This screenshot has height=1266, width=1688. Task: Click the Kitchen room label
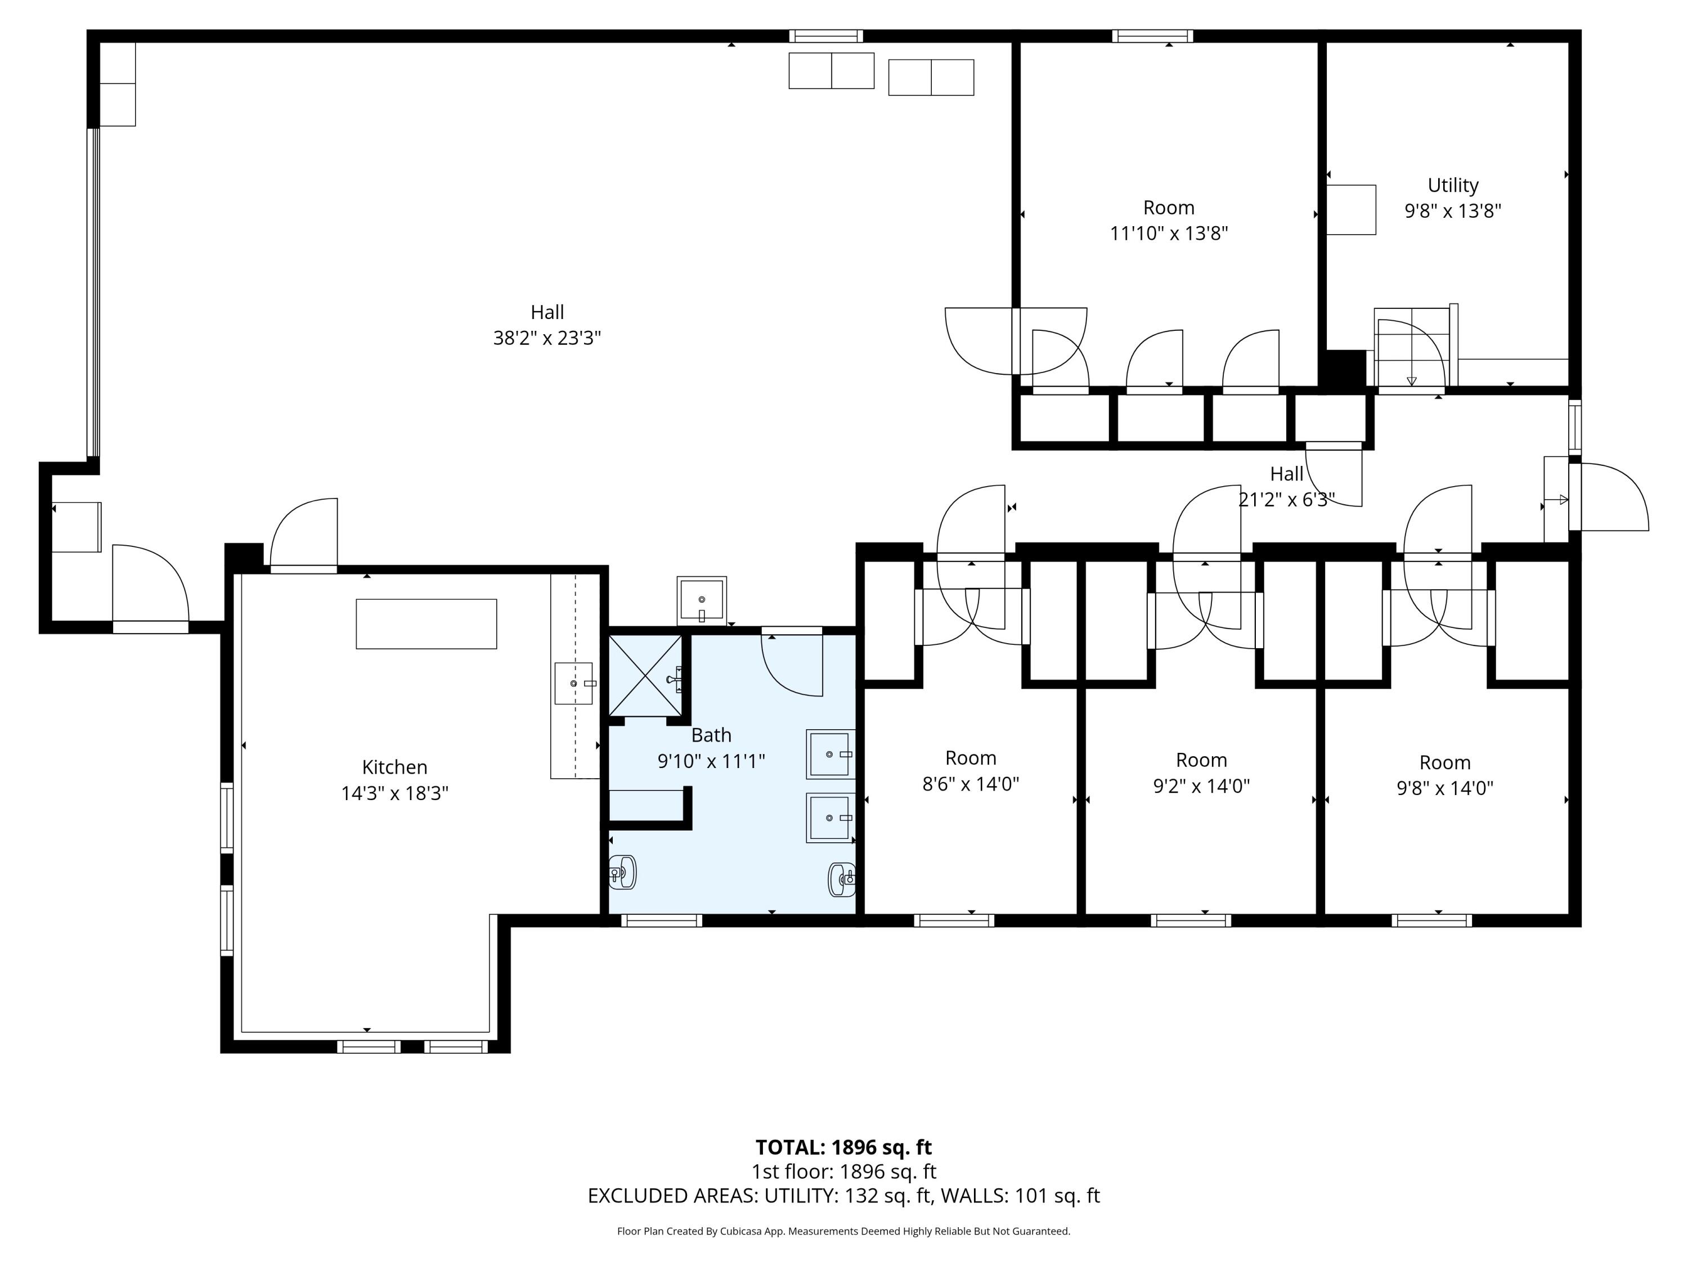394,767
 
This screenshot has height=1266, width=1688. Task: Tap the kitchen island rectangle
426,623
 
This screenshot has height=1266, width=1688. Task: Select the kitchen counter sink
574,684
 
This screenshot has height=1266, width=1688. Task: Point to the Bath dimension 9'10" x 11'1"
711,761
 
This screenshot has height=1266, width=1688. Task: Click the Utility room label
1452,186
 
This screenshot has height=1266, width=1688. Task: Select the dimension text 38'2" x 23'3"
546,338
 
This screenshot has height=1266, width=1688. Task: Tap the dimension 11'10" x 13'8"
1168,234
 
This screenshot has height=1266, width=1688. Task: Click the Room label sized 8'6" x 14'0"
971,758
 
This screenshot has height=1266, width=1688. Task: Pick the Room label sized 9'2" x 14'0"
1201,760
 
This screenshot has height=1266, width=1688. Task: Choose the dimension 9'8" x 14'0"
1444,788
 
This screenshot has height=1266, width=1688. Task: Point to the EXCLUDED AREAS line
843,1196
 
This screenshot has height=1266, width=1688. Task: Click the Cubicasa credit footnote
843,1231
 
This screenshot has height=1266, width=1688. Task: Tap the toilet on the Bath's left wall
623,872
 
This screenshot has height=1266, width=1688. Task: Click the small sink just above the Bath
701,600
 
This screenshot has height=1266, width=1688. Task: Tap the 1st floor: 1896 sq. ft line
843,1171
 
